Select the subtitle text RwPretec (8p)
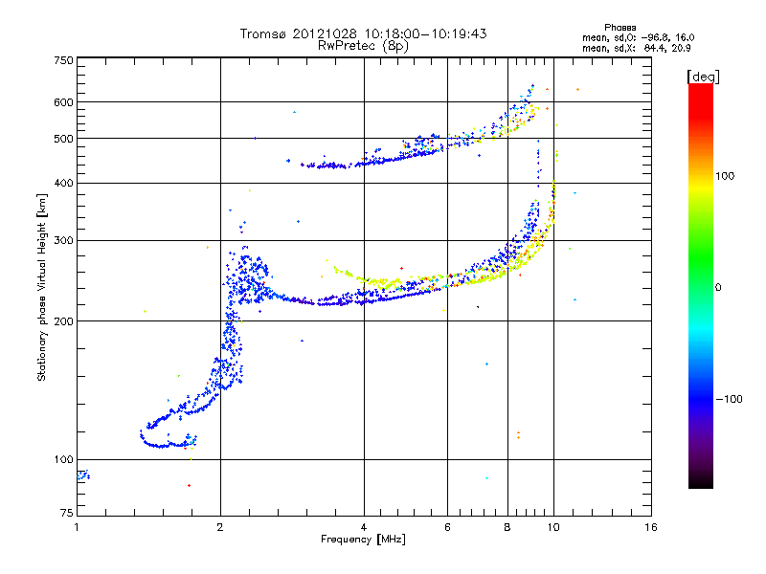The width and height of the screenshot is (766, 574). point(363,45)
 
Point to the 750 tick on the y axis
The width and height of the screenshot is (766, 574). point(63,60)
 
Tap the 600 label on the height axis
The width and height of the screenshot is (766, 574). point(63,102)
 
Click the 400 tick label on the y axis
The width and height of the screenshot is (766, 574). point(63,183)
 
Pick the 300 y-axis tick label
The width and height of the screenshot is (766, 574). point(63,240)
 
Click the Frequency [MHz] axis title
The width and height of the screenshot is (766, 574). point(363,540)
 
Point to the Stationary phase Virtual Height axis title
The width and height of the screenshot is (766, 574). point(42,287)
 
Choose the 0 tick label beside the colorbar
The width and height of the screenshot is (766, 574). point(717,287)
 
